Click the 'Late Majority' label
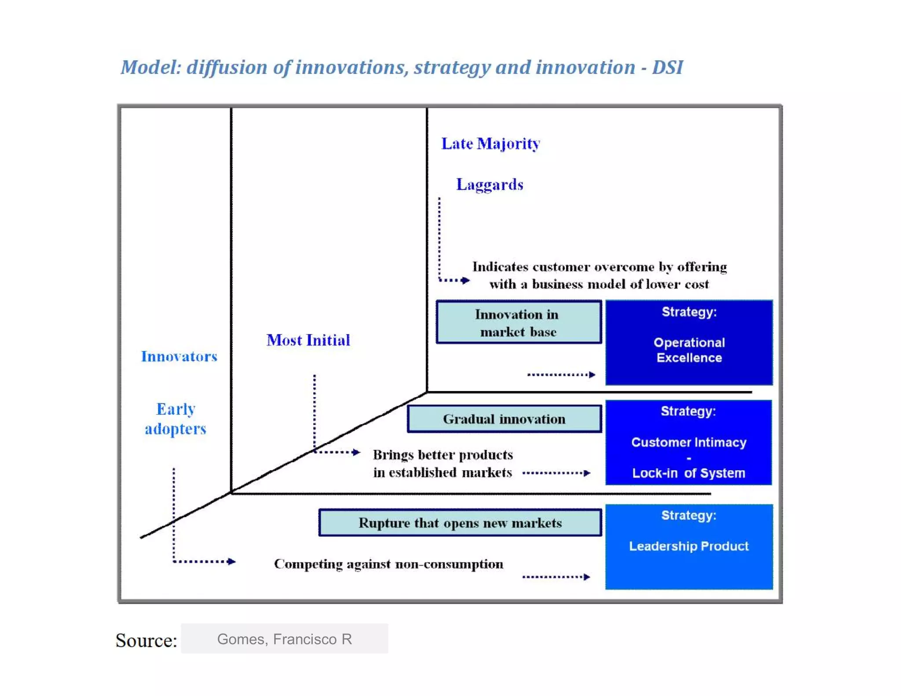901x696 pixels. [491, 144]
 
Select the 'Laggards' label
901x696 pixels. [490, 184]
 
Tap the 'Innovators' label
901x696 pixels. [179, 356]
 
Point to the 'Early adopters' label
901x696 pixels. [176, 419]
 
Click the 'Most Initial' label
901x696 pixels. [308, 340]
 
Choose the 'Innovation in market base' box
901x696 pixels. [518, 322]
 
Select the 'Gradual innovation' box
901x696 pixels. [504, 419]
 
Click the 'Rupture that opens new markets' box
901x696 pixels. [460, 523]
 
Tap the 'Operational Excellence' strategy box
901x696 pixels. [689, 343]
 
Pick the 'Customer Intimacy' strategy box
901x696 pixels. [689, 443]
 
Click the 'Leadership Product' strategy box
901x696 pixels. [689, 546]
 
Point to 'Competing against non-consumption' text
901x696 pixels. [388, 564]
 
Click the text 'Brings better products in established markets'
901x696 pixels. [443, 463]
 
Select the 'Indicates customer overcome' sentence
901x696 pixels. [599, 275]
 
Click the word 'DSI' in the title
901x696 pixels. [667, 68]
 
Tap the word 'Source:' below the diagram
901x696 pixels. [147, 640]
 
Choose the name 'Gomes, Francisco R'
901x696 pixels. [285, 639]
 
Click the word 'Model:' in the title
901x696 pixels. [151, 68]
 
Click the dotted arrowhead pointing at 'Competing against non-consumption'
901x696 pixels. [232, 561]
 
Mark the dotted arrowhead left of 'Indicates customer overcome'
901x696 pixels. [465, 280]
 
